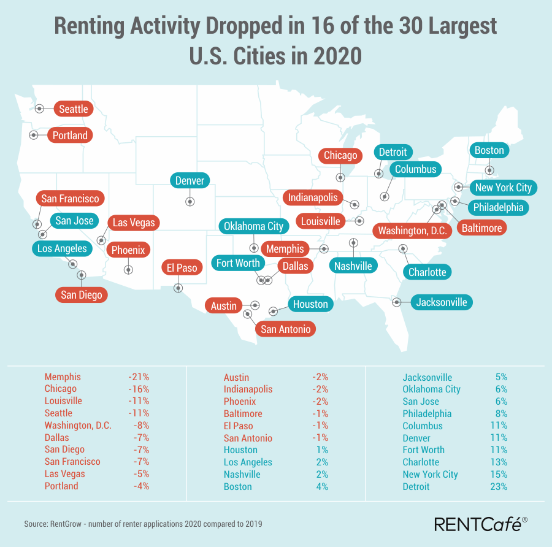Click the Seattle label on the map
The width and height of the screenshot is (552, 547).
pyautogui.click(x=74, y=109)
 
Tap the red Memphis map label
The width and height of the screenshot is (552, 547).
pyautogui.click(x=285, y=249)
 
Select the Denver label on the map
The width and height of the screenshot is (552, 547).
pyautogui.click(x=190, y=181)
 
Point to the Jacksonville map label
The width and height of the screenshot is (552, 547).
pyautogui.click(x=442, y=302)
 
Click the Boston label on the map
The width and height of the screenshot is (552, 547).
pyautogui.click(x=489, y=151)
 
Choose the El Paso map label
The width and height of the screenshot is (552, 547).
pyautogui.click(x=182, y=268)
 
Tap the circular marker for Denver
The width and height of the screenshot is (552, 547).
pyautogui.click(x=190, y=201)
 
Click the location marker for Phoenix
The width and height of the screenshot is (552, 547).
pyautogui.click(x=128, y=269)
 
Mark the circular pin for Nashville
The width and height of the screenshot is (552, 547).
pyautogui.click(x=353, y=243)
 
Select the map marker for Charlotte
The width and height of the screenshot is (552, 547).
pyautogui.click(x=403, y=248)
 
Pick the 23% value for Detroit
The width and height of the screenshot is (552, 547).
pyautogui.click(x=499, y=486)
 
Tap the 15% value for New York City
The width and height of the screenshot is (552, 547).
pyautogui.click(x=499, y=474)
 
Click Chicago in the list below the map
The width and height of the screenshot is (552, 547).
pyautogui.click(x=61, y=389)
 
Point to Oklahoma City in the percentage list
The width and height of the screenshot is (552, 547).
pyautogui.click(x=431, y=389)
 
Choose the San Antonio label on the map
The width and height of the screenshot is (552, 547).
pyautogui.click(x=286, y=329)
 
